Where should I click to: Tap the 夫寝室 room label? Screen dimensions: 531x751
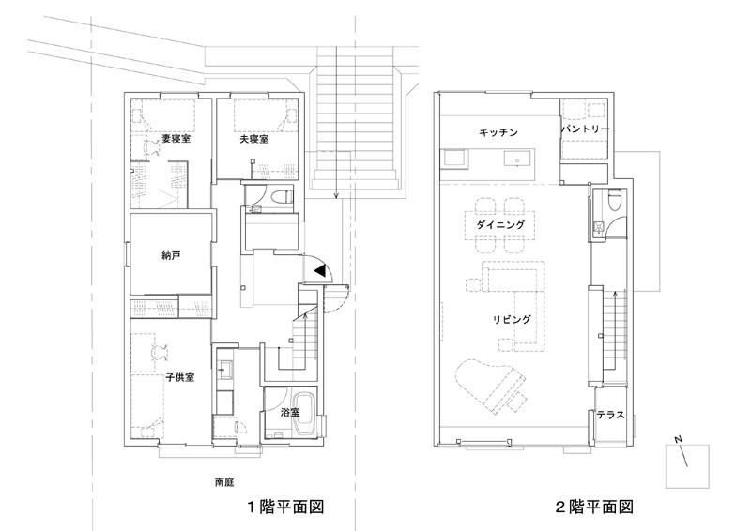(x=252, y=138)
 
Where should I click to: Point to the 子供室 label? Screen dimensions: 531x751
(x=179, y=378)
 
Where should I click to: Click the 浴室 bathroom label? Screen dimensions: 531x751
(x=290, y=412)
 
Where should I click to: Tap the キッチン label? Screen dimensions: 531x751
(x=498, y=131)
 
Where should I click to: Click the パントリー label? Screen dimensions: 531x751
(x=586, y=128)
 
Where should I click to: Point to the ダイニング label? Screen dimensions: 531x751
(x=494, y=226)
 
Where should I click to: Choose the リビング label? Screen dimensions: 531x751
(x=513, y=320)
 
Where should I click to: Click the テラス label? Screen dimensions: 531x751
(x=611, y=417)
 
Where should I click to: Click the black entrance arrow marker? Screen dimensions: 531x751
(x=321, y=270)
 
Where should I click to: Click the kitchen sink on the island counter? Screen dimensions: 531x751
(x=517, y=160)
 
